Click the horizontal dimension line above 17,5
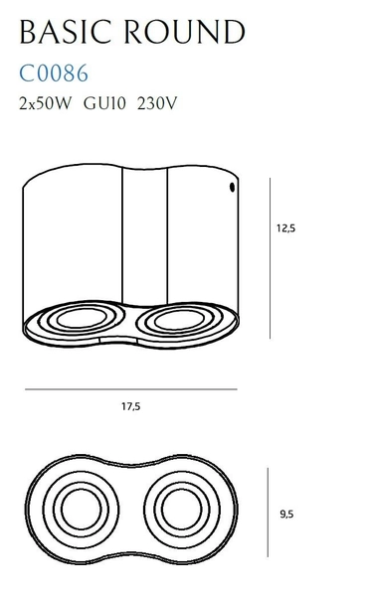pos(129,389)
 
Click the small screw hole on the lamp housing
pos(232,187)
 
